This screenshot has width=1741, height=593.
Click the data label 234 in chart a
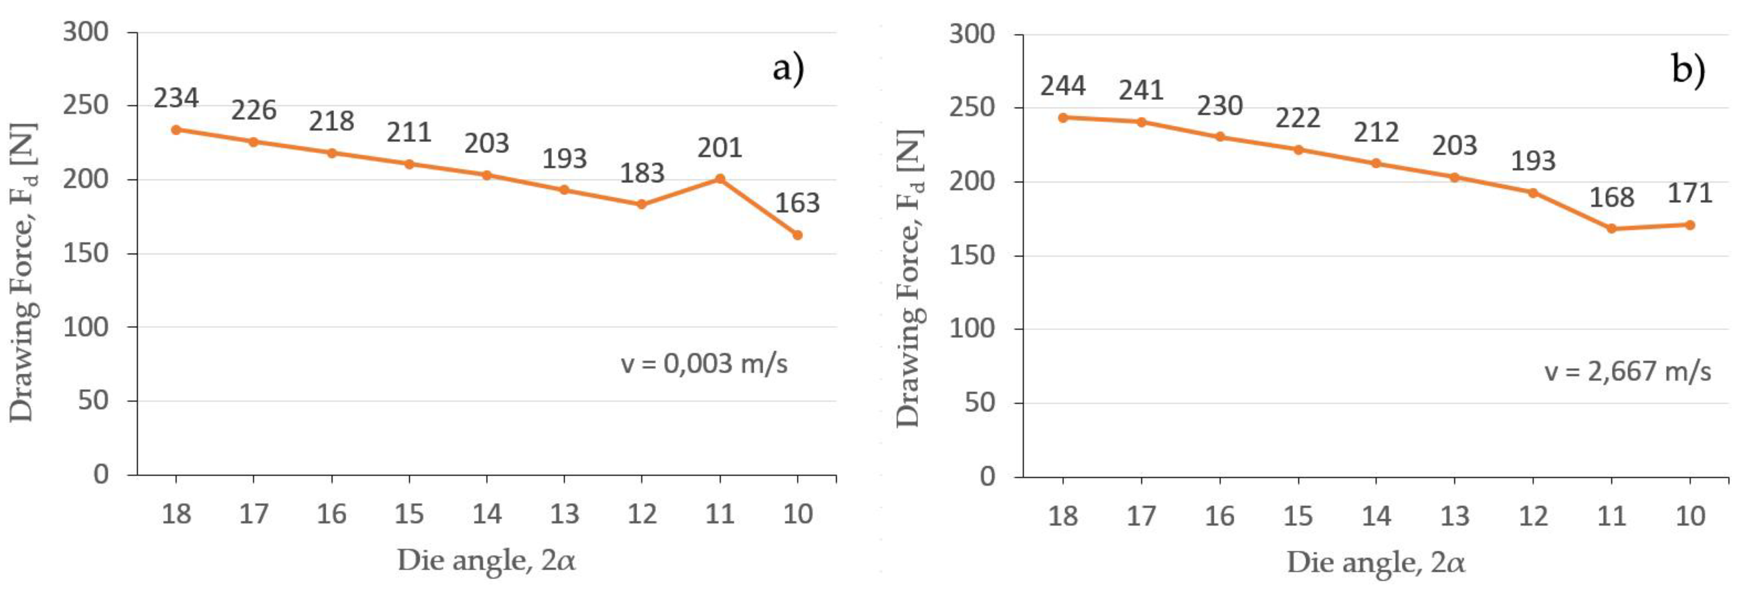point(176,99)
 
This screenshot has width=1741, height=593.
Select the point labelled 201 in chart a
point(720,179)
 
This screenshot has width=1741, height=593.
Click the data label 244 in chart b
point(1062,87)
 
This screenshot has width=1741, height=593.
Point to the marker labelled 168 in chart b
point(1612,228)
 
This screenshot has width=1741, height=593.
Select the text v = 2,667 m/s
point(1627,372)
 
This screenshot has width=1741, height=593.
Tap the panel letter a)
point(788,69)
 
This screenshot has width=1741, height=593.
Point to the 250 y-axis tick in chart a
point(85,105)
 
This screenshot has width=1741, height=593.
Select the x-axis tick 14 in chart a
point(487,515)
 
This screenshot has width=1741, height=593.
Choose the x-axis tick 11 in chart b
point(1612,517)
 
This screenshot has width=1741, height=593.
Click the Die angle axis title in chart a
point(487,560)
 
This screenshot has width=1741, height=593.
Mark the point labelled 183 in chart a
point(642,204)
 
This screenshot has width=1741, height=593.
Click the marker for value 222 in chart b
point(1298,149)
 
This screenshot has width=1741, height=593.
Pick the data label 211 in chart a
point(409,132)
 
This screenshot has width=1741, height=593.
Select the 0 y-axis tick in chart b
point(987,477)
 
